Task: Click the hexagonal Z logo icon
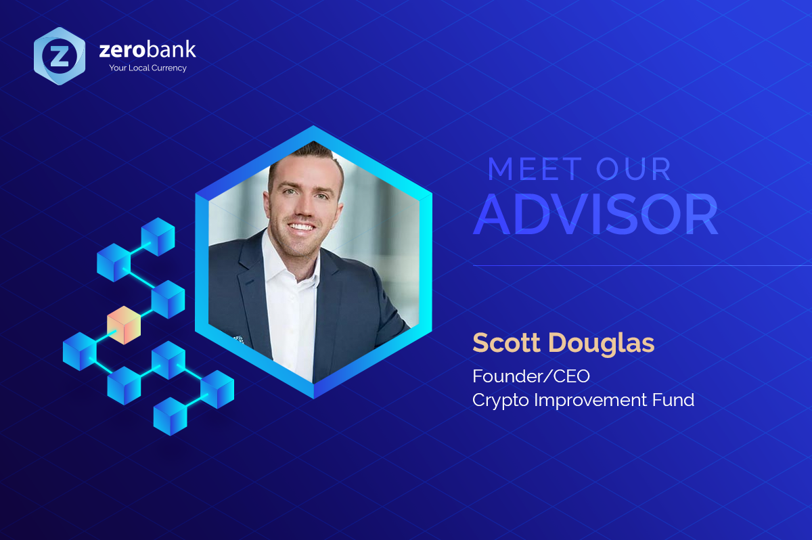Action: point(60,56)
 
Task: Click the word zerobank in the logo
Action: point(148,51)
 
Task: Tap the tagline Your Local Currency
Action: point(148,68)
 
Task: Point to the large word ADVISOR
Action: point(595,215)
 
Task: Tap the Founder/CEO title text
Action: point(526,375)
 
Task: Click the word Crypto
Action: point(500,401)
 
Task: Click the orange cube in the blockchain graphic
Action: point(124,324)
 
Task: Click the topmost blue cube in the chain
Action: point(158,236)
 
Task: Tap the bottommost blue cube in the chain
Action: point(170,415)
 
